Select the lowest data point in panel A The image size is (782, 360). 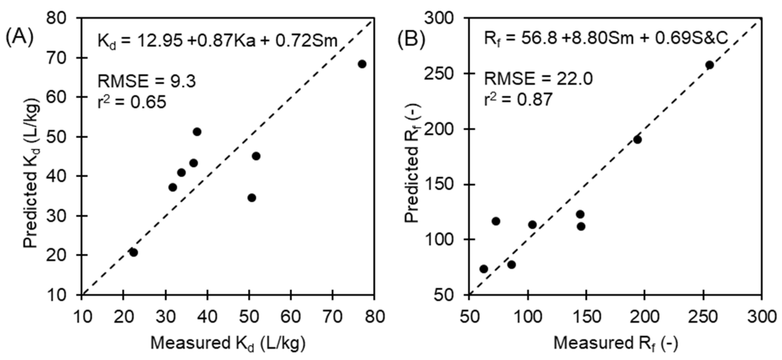point(133,253)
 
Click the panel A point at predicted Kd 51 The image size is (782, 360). point(197,132)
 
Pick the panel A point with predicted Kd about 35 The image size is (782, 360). point(252,198)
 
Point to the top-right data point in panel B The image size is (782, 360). point(709,65)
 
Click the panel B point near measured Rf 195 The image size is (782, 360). point(637,140)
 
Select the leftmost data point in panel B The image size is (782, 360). point(484,269)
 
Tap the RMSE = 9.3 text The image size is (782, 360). point(147,81)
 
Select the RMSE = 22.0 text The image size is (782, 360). point(538,79)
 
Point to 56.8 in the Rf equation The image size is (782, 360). point(539,39)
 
